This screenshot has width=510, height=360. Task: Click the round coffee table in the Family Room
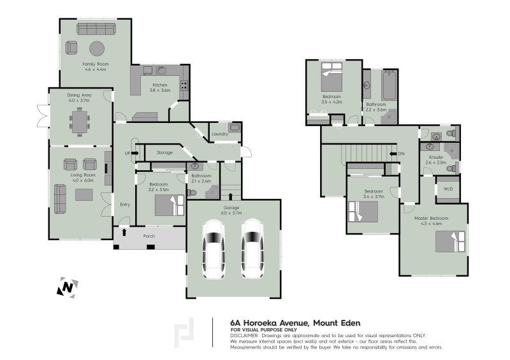pos(97,49)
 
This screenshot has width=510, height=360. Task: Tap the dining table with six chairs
pos(80,122)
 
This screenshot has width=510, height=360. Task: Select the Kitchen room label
pos(160,85)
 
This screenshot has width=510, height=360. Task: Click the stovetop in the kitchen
pos(184,85)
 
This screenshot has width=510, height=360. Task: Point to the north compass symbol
pos(68,287)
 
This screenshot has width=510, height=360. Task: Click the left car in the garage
pos(214,249)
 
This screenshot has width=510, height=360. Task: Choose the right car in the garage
pos(252,249)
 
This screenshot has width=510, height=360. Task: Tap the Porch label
pos(149,236)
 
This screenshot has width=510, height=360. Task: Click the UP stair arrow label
pos(131,153)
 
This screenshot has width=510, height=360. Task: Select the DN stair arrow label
pos(397,154)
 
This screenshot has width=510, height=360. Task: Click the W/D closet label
pos(448,189)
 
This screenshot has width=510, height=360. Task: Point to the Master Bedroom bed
pos(450,241)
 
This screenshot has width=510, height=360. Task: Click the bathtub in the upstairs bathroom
pos(389,85)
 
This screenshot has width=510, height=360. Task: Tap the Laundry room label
pos(220,134)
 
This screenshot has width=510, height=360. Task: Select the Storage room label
pos(164,152)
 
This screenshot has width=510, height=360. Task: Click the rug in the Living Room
pos(84,195)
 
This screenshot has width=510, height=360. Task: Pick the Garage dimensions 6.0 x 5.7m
pos(231,213)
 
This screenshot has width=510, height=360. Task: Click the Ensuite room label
pos(436,157)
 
